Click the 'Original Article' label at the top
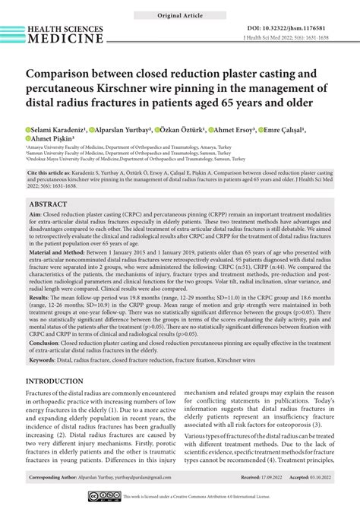180,15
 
